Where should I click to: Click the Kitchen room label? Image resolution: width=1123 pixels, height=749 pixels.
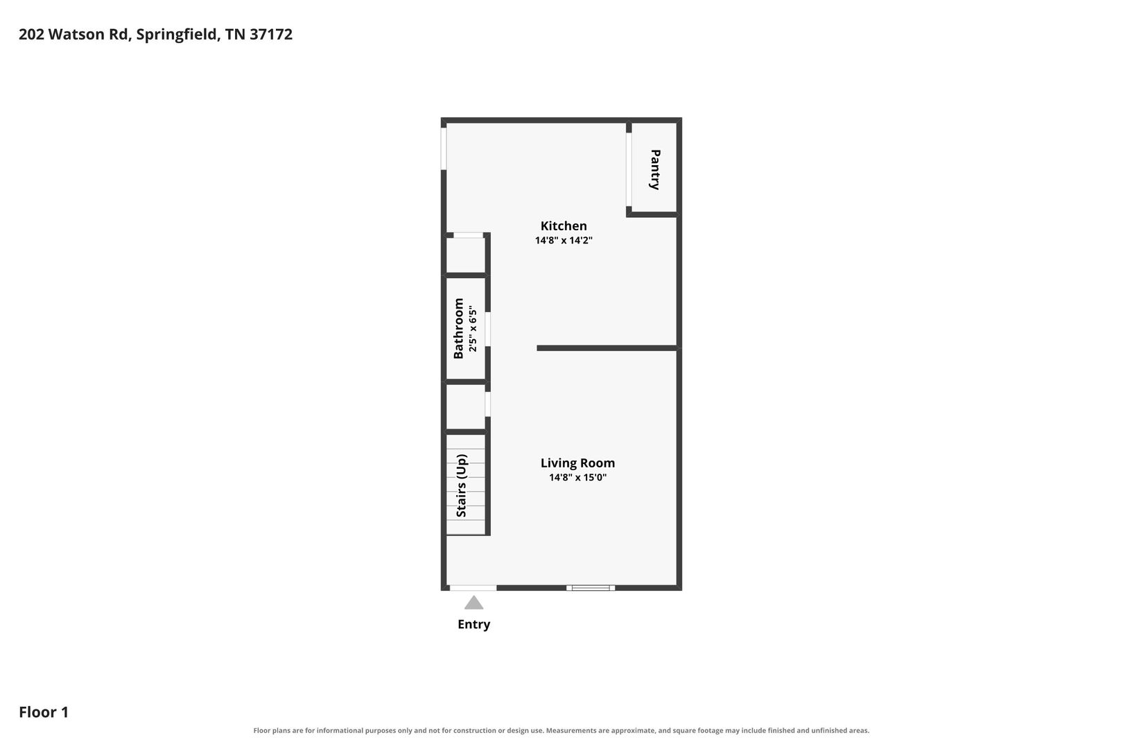point(564,226)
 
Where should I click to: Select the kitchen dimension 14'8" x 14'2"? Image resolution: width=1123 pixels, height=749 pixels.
point(564,240)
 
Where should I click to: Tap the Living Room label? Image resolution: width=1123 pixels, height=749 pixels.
point(577,463)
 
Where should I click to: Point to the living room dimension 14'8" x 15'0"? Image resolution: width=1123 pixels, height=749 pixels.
point(577,477)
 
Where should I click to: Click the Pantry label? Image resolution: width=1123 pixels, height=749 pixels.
point(655,170)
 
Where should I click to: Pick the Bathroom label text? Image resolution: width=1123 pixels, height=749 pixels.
point(458,329)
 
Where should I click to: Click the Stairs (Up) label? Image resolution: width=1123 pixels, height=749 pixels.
point(461,485)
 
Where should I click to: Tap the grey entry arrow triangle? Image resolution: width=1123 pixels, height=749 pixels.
point(473,603)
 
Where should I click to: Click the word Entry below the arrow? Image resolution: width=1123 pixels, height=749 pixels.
point(473,625)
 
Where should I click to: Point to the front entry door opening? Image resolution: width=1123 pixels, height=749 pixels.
point(473,588)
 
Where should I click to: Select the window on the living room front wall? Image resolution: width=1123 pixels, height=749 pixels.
point(591,588)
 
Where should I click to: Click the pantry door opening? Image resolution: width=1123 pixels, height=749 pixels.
point(629,170)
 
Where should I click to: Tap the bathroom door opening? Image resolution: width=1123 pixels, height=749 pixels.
point(488,329)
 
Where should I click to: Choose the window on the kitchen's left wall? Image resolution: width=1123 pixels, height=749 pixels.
point(444,149)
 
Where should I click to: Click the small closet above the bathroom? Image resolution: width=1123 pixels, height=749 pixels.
point(466,255)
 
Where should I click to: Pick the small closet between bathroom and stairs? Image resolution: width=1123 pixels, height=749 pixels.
point(466,407)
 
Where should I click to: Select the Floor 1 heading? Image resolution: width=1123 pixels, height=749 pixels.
point(44,712)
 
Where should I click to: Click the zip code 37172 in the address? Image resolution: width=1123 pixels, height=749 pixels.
point(271,34)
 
